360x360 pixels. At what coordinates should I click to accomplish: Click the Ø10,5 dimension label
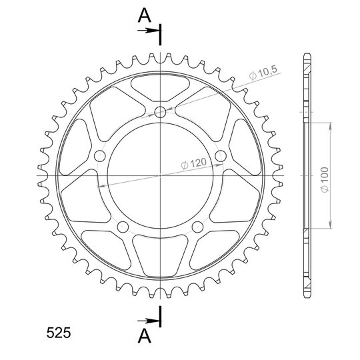[263, 73]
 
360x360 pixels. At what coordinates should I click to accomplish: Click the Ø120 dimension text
[194, 163]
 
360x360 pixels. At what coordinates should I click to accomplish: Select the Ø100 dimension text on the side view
[325, 179]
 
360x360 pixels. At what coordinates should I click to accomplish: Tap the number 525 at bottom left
[59, 333]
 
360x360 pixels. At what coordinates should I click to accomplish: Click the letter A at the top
[145, 15]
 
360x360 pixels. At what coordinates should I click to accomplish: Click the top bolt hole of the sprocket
[160, 112]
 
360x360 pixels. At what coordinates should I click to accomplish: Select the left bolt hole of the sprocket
[100, 156]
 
